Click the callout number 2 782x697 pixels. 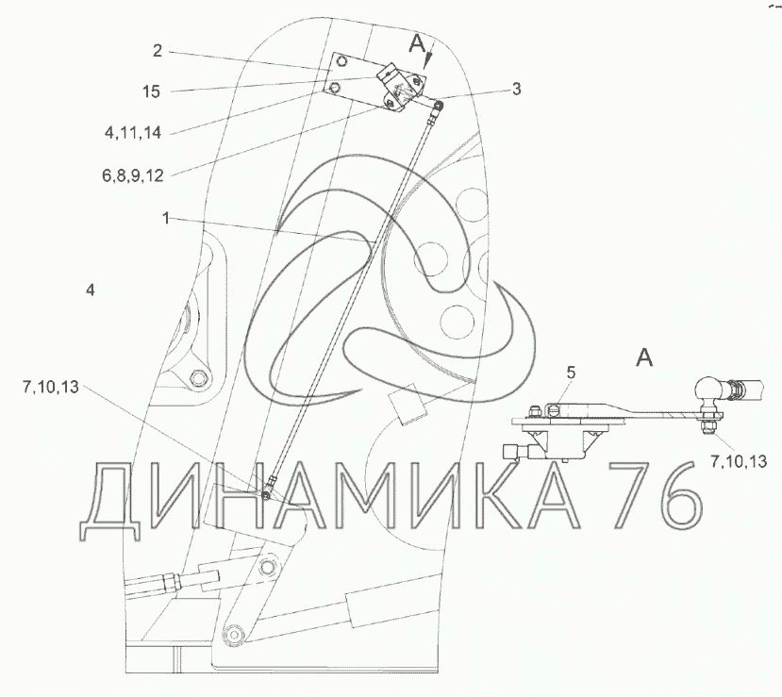[x=158, y=51]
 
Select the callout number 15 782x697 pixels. [x=151, y=91]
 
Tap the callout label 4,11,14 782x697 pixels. [x=133, y=133]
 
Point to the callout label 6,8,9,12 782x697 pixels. [x=133, y=175]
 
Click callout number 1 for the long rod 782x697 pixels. [x=166, y=218]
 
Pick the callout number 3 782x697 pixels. [x=517, y=89]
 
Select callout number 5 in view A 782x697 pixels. [x=571, y=373]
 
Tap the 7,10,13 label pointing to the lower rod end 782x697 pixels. [x=50, y=388]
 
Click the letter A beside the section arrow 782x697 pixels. [x=416, y=45]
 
